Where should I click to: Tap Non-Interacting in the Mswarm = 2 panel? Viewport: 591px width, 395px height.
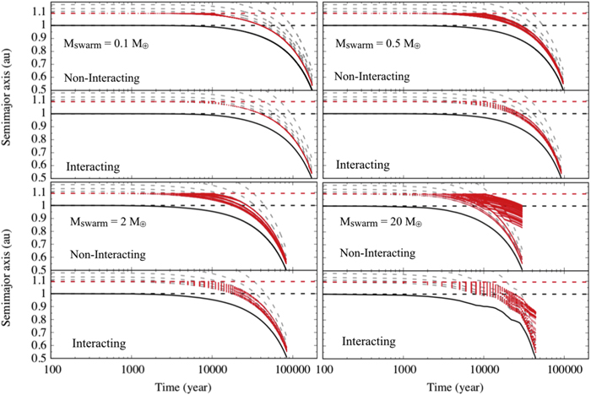(x=104, y=254)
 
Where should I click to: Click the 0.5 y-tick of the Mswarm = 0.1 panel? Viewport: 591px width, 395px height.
(x=40, y=89)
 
